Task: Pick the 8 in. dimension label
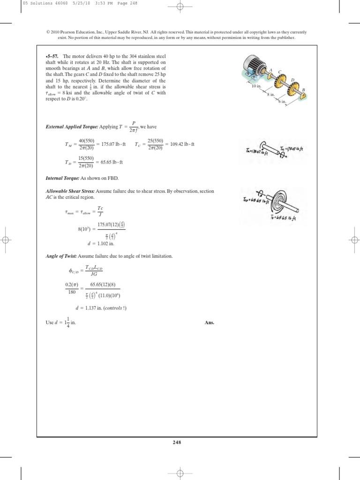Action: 270,95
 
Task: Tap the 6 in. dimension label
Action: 282,101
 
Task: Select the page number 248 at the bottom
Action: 180,442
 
